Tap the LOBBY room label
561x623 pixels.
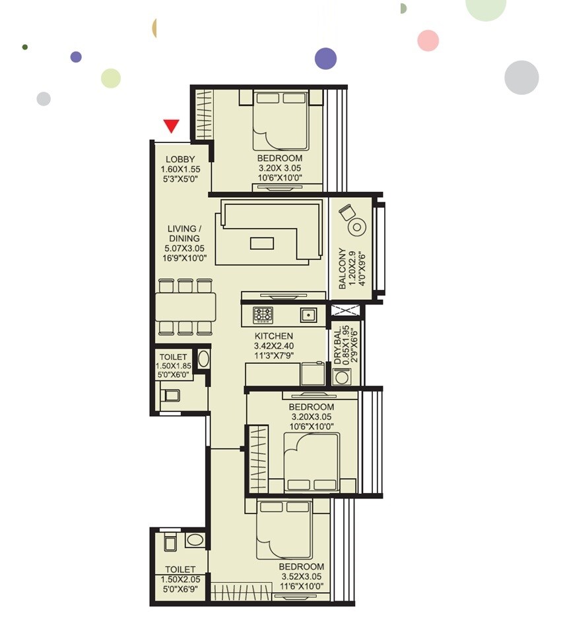(180, 159)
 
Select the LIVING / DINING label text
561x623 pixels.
(181, 233)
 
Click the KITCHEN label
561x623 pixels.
(273, 336)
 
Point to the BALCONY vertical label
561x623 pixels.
(342, 268)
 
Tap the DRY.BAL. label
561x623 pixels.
(338, 345)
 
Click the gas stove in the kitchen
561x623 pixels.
(263, 314)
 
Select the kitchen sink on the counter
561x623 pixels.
(308, 314)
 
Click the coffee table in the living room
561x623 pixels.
(262, 243)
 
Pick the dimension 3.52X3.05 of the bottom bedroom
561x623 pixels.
(301, 576)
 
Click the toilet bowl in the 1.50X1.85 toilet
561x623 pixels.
(170, 396)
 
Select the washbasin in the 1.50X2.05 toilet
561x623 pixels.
(195, 541)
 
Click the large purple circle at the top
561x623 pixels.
(325, 58)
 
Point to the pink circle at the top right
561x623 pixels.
(428, 40)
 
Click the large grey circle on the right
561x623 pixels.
(521, 77)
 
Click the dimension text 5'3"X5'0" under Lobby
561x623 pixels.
(180, 179)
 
